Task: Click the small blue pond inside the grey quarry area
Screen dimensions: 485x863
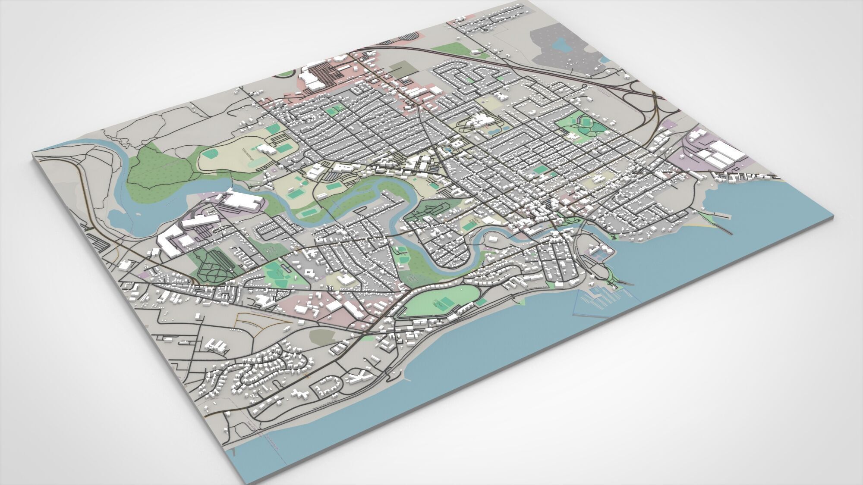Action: (x=561, y=43)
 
